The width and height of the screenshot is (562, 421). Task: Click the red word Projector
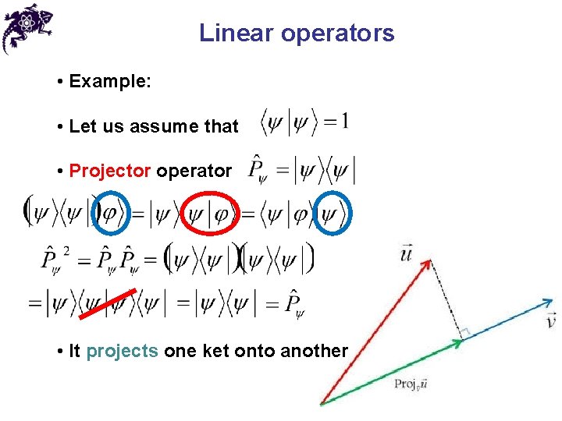point(110,171)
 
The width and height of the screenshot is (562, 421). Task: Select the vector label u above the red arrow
point(407,253)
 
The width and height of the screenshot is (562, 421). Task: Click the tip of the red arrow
point(429,264)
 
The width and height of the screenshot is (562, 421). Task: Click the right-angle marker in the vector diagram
point(463,334)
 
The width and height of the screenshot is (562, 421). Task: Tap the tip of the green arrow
point(461,340)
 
